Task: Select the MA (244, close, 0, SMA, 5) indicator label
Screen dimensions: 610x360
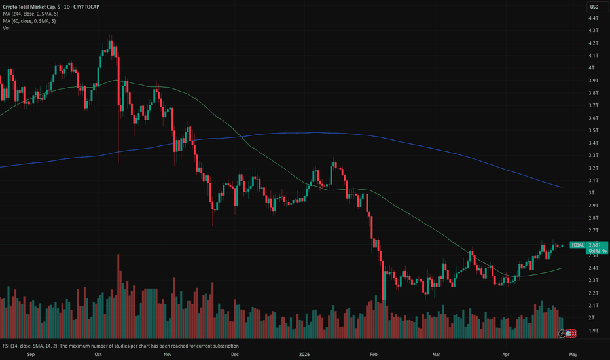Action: pos(30,14)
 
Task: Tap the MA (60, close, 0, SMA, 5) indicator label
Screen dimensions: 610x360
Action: pos(29,21)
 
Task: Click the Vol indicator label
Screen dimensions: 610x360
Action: pos(7,28)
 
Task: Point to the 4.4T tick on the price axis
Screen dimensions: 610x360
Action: pos(593,18)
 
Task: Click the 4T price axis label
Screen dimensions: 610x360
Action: pos(592,67)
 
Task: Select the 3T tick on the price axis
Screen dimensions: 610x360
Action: pos(592,192)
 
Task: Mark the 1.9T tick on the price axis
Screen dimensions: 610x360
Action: pos(593,330)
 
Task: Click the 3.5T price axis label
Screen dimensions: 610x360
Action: pos(593,130)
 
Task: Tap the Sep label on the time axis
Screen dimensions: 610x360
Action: pos(31,354)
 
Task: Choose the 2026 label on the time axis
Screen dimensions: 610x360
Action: pos(304,354)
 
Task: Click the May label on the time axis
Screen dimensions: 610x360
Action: pos(573,354)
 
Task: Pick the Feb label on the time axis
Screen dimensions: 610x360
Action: pos(374,354)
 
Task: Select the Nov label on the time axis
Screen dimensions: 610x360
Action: pos(168,354)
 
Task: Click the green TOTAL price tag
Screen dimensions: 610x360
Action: pos(577,245)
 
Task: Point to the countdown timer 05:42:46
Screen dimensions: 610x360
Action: pos(597,251)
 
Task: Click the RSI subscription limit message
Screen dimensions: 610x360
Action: pos(121,346)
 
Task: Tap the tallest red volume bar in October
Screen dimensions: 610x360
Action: pos(118,296)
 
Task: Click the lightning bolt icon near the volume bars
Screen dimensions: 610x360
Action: pos(562,333)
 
